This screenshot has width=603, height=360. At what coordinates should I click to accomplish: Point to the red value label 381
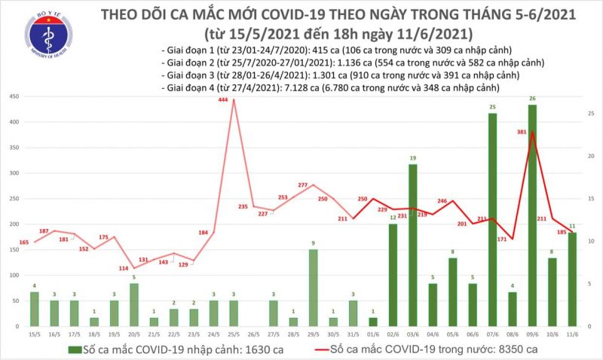(x=519, y=131)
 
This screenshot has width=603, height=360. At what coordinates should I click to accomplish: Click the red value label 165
(x=24, y=242)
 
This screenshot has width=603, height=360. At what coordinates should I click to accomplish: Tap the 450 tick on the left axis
(x=14, y=96)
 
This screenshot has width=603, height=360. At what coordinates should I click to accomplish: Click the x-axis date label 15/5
(x=33, y=334)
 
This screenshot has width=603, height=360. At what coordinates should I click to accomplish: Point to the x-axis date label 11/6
(x=572, y=334)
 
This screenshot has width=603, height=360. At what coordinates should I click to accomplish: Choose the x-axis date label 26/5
(x=253, y=334)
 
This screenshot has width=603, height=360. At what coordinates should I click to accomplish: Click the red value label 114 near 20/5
(x=124, y=269)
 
